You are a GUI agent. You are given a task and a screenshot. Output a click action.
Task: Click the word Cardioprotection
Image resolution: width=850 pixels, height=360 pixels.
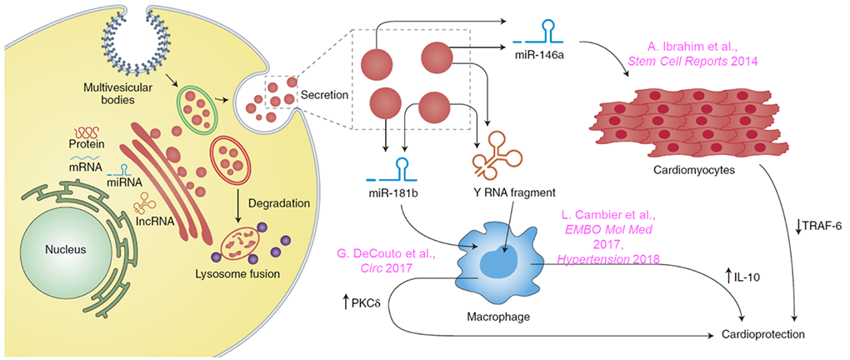(774, 334)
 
